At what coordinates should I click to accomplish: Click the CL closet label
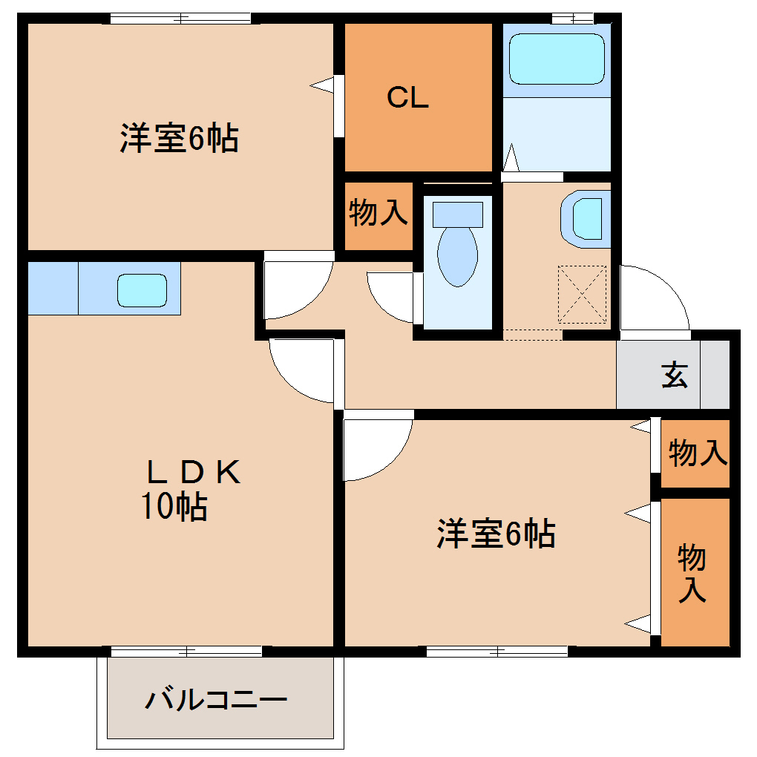(407, 98)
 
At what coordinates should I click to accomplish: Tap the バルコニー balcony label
(215, 700)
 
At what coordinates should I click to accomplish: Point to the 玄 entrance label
(675, 375)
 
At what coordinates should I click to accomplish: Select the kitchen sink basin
(142, 289)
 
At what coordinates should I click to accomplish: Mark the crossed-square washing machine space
(583, 295)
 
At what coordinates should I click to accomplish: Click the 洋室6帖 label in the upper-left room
(179, 138)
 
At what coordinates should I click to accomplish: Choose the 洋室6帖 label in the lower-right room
(496, 534)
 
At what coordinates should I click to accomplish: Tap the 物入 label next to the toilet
(378, 214)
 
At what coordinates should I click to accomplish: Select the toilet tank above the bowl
(458, 214)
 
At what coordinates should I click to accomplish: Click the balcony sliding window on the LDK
(186, 652)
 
